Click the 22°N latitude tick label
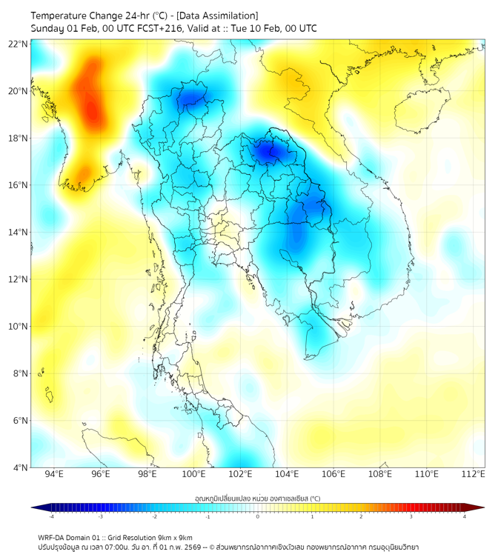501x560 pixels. [x=19, y=44]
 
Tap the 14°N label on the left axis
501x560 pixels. [x=19, y=233]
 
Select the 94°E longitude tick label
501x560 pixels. [x=54, y=474]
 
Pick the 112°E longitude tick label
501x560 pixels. [x=473, y=474]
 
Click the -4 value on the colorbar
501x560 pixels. [x=51, y=516]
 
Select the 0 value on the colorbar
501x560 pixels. [x=258, y=516]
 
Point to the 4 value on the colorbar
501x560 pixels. [x=465, y=516]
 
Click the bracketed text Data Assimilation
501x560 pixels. [x=220, y=16]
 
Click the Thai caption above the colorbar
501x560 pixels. [x=257, y=498]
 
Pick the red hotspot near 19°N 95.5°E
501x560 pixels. [x=90, y=111]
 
